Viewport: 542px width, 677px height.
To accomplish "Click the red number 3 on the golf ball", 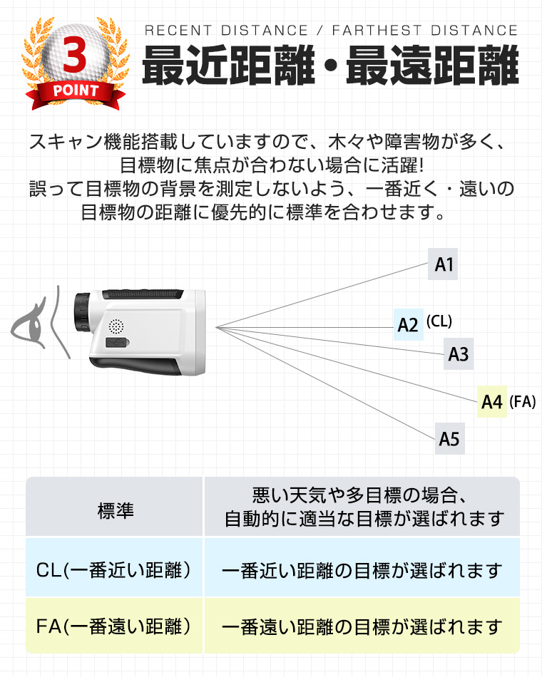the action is [75, 55].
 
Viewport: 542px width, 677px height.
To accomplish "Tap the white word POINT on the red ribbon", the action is [76, 91].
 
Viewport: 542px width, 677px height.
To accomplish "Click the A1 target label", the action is [443, 264].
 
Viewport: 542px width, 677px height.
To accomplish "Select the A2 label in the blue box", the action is [409, 325].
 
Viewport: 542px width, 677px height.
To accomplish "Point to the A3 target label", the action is [459, 354].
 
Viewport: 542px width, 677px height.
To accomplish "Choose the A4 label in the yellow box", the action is [492, 401].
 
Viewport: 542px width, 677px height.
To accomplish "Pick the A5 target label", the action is [449, 439].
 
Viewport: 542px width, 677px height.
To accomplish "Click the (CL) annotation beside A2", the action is [439, 321].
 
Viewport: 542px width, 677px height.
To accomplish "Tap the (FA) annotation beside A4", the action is [523, 401].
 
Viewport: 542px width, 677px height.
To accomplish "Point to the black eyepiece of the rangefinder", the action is [82, 312].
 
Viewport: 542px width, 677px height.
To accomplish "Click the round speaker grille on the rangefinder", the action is [116, 326].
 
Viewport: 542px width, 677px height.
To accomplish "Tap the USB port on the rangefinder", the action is [118, 343].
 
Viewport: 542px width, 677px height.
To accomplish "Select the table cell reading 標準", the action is [115, 507].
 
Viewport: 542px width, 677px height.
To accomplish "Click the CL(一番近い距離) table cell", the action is [115, 568].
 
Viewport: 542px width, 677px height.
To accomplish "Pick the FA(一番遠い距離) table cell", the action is [115, 626].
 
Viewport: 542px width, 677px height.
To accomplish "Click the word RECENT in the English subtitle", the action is [178, 30].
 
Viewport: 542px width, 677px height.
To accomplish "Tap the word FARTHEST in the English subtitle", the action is [377, 30].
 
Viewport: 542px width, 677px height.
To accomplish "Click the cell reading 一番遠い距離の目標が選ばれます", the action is [362, 626].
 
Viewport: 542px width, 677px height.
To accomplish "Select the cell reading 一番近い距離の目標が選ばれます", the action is [362, 568].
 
